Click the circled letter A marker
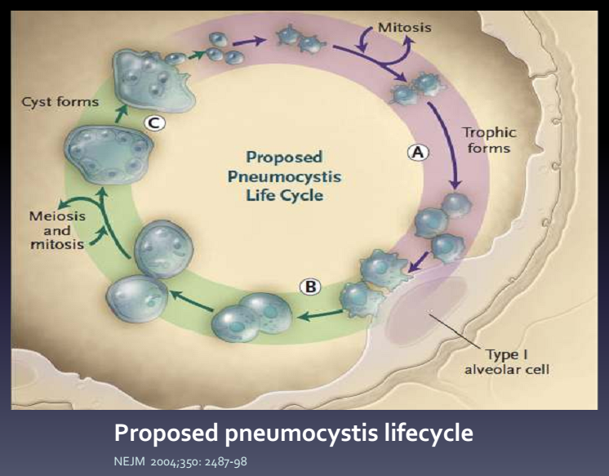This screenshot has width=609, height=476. pyautogui.click(x=418, y=152)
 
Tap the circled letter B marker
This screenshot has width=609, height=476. pyautogui.click(x=310, y=287)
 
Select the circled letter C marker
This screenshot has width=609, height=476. pyautogui.click(x=154, y=123)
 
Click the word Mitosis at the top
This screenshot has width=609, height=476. pyautogui.click(x=405, y=28)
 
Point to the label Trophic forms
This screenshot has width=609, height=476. pyautogui.click(x=489, y=140)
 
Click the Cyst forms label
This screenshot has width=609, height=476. pyautogui.click(x=60, y=102)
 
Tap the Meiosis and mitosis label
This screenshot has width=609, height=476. pyautogui.click(x=57, y=230)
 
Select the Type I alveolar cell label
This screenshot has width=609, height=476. pyautogui.click(x=507, y=362)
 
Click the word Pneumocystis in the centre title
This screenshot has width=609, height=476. pyautogui.click(x=284, y=177)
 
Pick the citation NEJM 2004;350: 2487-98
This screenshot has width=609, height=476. pyautogui.click(x=180, y=461)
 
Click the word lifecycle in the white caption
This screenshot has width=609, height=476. pyautogui.click(x=429, y=433)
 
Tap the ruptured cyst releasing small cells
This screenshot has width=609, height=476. pyautogui.click(x=152, y=82)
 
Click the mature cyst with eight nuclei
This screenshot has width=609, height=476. pyautogui.click(x=109, y=155)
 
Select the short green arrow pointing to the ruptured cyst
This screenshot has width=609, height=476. pyautogui.click(x=122, y=113)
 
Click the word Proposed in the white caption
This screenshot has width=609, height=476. pyautogui.click(x=166, y=433)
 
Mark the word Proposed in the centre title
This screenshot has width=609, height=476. pyautogui.click(x=284, y=158)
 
